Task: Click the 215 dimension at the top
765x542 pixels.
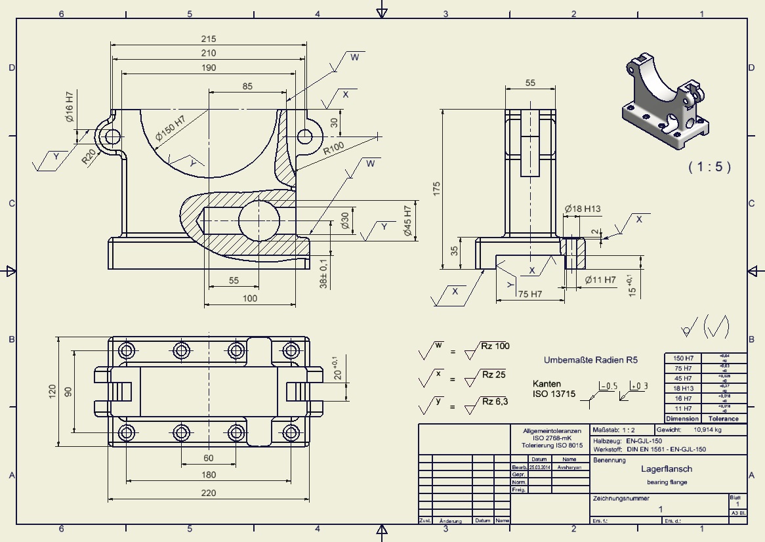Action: (209, 39)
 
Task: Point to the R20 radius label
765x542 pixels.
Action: (90, 156)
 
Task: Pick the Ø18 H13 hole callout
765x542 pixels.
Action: (583, 209)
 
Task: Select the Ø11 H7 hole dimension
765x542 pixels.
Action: (600, 280)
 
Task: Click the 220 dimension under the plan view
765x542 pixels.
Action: (209, 493)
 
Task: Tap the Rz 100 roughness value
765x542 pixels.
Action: (495, 346)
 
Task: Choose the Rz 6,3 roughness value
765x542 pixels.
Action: (495, 402)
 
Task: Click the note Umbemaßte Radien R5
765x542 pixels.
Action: (590, 360)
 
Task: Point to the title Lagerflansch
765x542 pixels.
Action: (667, 469)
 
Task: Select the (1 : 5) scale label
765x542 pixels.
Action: (709, 167)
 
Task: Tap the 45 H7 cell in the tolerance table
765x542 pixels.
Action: (683, 379)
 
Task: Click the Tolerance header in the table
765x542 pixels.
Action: (724, 419)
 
